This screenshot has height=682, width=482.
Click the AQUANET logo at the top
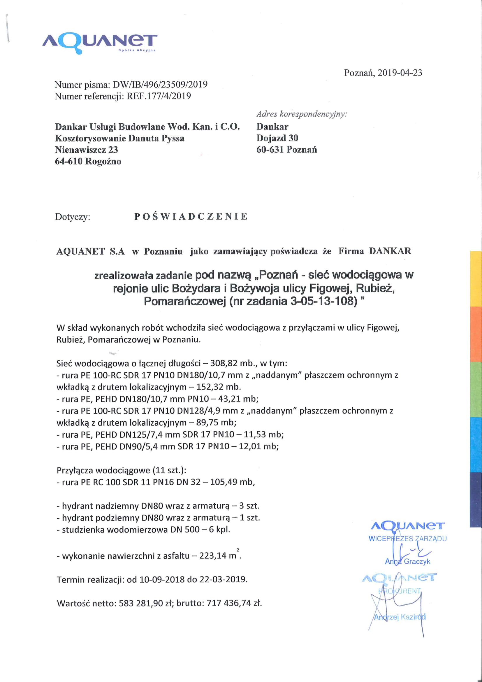100,43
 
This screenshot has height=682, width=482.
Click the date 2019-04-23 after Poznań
400,73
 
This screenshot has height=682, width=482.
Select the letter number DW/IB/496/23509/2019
160,85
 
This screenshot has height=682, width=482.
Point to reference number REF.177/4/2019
159,96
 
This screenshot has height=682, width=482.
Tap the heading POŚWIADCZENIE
191,216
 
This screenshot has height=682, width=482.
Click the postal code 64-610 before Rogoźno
68,161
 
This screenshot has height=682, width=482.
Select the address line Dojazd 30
277,138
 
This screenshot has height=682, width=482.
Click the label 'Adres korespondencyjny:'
302,114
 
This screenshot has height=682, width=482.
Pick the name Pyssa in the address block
173,138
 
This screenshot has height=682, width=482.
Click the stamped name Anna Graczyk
407,561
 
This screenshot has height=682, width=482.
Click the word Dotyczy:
73,217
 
